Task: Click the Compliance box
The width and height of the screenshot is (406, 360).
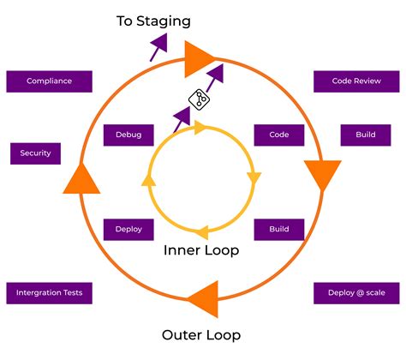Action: pos(49,81)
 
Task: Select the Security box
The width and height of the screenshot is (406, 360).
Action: pos(36,153)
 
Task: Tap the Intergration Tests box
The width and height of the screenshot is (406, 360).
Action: pos(49,293)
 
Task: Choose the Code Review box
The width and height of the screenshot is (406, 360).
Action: pos(357,81)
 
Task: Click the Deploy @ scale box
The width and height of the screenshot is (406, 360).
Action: pos(356,293)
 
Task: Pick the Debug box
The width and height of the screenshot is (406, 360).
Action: pos(128,135)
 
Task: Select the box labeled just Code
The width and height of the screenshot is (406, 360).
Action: pos(279,135)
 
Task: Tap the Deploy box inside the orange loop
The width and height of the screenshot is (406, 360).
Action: pos(128,229)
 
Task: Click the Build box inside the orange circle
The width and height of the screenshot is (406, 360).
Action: pos(279,229)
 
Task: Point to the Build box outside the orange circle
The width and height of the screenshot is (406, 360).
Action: pos(359,135)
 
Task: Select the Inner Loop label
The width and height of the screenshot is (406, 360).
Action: pos(201,251)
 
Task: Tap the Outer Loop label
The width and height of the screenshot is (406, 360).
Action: pos(201,334)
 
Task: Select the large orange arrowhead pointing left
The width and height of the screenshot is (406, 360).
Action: pos(203,302)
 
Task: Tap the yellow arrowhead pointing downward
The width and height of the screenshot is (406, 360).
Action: pos(254,179)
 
